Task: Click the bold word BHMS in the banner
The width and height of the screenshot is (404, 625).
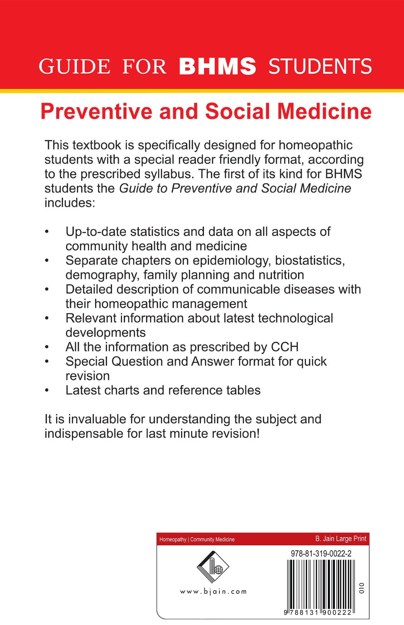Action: click(217, 67)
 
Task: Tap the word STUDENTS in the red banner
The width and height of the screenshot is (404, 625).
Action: click(320, 67)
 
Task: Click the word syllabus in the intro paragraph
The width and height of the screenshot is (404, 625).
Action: click(169, 174)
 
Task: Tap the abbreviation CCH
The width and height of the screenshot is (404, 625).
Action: click(284, 347)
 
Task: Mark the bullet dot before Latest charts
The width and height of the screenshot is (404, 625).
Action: click(47, 390)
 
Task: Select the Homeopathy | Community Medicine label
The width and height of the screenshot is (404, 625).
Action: click(197, 539)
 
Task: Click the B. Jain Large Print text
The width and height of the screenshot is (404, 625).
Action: click(341, 538)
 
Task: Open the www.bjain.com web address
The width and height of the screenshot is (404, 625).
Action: click(213, 592)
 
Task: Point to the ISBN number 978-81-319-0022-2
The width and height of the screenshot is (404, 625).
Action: click(321, 553)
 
